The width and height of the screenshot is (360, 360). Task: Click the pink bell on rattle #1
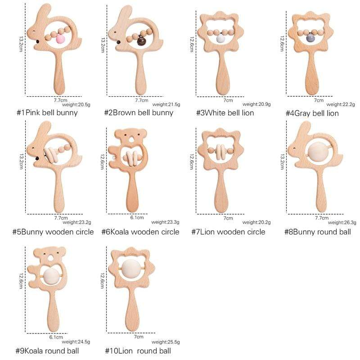61,39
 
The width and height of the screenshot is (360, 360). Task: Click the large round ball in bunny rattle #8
318,152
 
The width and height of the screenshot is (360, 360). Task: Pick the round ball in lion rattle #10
131,268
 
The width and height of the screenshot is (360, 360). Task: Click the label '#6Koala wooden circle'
140,232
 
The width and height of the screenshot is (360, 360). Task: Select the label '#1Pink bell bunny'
47,113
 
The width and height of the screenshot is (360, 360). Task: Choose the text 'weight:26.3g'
342,222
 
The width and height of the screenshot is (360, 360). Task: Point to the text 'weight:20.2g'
256,222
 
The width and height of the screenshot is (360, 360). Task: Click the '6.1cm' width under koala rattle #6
137,217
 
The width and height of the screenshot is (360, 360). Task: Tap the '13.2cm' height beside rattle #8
282,162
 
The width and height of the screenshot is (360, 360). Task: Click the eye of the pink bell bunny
34,31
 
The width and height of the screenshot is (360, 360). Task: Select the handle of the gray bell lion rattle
312,73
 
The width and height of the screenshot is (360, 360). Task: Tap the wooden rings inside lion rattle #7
220,152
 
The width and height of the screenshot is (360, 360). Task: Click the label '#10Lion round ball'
138,351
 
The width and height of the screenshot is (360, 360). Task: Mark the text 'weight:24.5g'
76,342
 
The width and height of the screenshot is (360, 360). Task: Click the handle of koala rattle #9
53,310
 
